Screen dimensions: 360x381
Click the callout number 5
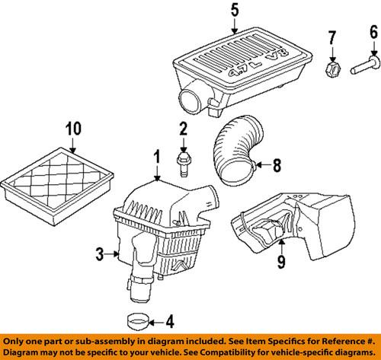coord(235,11)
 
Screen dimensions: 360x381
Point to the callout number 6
coord(373,32)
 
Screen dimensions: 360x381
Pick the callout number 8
coord(277,162)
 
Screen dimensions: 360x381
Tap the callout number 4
coord(168,319)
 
